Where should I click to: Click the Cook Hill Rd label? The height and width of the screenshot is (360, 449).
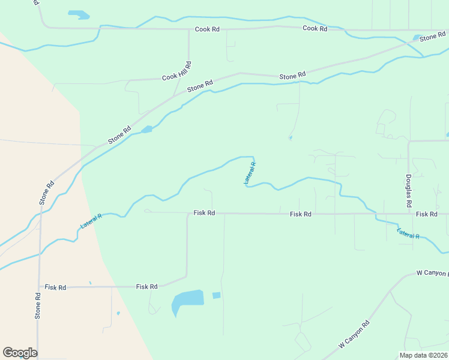coord(176,71)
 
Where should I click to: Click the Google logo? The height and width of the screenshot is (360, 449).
coord(20,352)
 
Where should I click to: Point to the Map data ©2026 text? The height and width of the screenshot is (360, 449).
coord(423,355)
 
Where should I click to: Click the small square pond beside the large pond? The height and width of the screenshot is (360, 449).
coord(216,295)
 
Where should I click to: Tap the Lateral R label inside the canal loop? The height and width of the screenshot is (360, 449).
coord(250,173)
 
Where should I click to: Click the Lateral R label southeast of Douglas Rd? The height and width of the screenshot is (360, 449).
coord(408,233)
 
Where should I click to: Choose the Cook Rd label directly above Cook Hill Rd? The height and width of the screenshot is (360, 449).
coord(207,29)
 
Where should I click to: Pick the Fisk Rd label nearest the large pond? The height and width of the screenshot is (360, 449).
coord(146,287)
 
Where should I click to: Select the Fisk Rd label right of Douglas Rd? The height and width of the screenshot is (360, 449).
coord(426,214)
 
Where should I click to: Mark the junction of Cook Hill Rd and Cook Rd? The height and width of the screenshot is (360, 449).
coord(188,29)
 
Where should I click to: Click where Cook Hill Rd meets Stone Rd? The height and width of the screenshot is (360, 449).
coord(174,96)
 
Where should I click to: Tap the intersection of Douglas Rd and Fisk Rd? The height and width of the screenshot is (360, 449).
coord(408,214)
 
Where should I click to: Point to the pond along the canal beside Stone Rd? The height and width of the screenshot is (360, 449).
coord(146,129)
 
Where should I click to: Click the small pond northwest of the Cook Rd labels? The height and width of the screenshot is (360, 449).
coord(78,14)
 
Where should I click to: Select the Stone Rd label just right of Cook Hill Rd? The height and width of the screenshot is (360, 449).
coord(200,86)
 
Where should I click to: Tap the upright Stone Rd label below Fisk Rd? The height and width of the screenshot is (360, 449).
coord(37,305)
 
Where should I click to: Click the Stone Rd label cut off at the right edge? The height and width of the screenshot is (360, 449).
coord(432,37)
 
